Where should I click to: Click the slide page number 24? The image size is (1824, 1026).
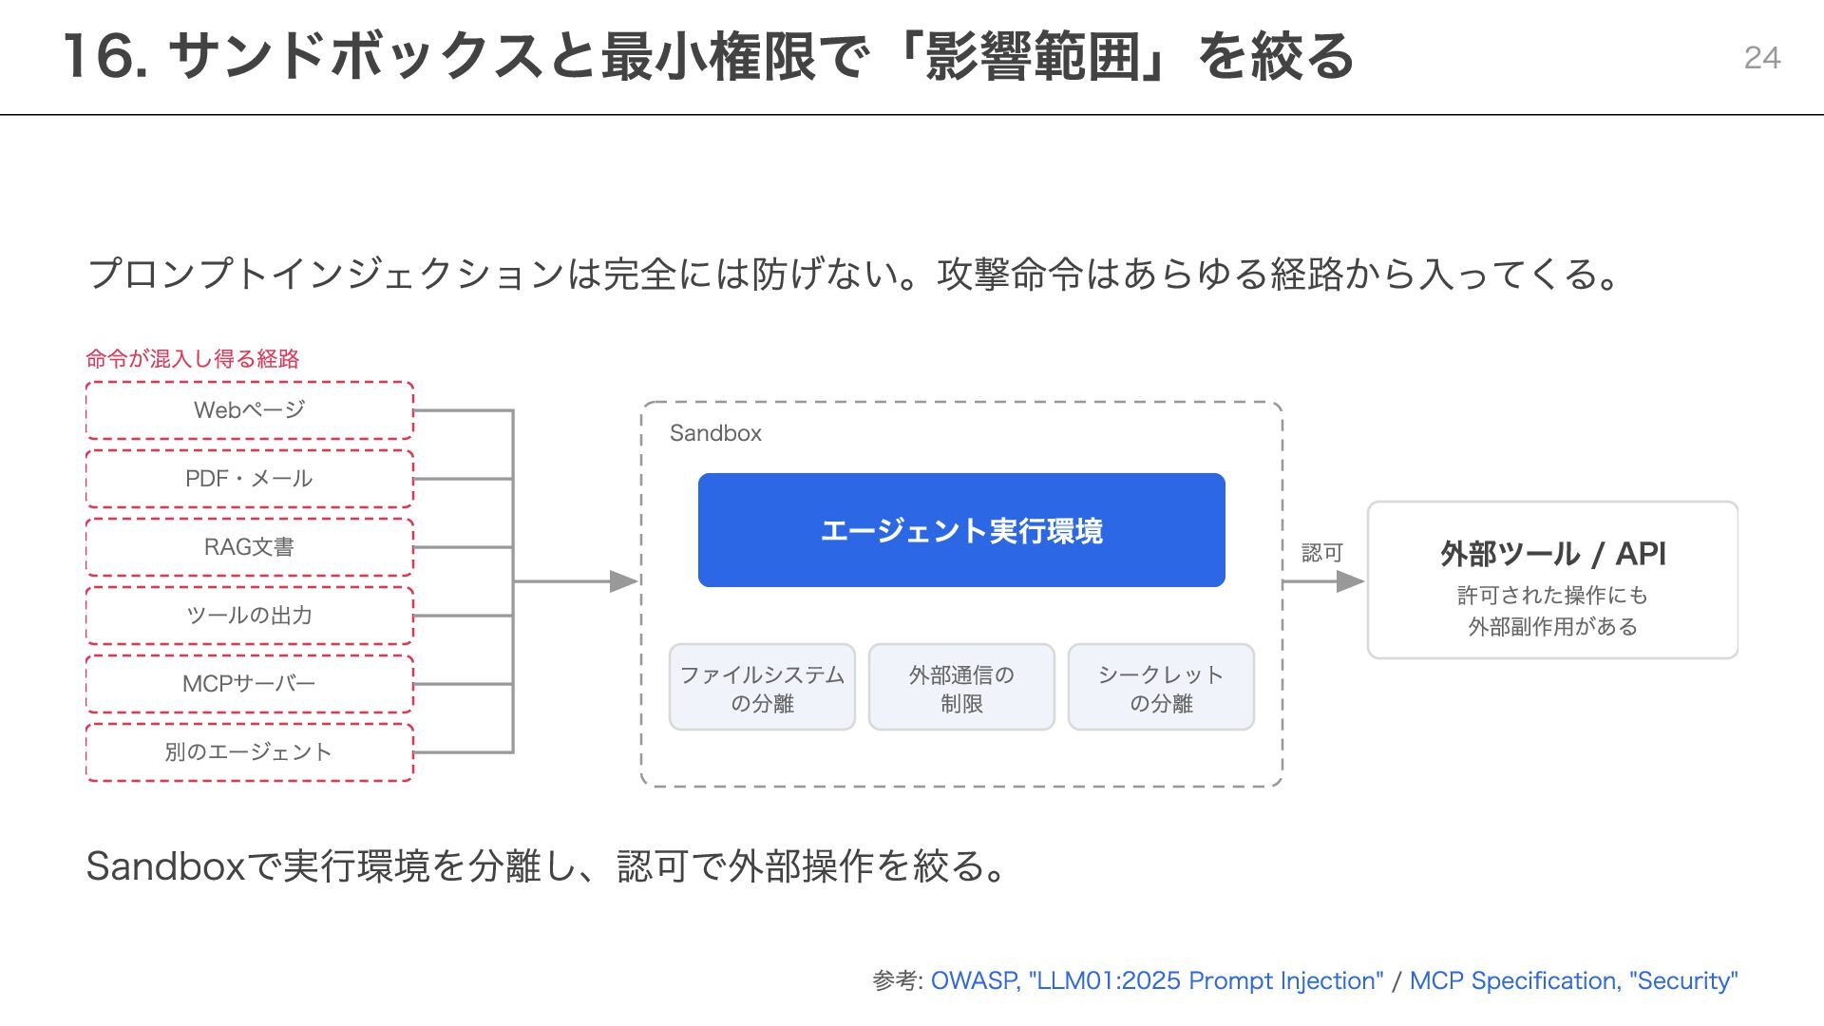1762,58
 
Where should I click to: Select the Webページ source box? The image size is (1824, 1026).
250,410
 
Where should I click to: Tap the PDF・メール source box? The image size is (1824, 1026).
250,479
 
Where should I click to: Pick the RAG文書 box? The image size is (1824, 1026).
250,547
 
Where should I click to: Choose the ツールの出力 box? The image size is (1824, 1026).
250,616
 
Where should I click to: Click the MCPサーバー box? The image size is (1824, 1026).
250,684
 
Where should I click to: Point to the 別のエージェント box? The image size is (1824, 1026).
250,752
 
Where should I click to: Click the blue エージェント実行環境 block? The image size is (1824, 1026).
961,530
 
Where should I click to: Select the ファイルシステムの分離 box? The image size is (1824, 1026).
762,687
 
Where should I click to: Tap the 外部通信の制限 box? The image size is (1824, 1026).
961,687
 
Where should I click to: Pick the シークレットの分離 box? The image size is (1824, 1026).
1161,687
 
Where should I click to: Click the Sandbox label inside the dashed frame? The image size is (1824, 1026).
715,433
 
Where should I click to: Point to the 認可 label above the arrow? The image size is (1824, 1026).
1321,553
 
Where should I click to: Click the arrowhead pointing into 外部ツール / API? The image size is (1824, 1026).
1351,581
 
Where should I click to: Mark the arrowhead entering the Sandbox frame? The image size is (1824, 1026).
623,581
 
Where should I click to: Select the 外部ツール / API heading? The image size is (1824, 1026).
1553,554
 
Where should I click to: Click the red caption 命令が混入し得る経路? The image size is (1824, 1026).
193,359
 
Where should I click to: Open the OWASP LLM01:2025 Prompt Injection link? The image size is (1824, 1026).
1157,980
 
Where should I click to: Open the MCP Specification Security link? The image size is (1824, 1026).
1573,980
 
